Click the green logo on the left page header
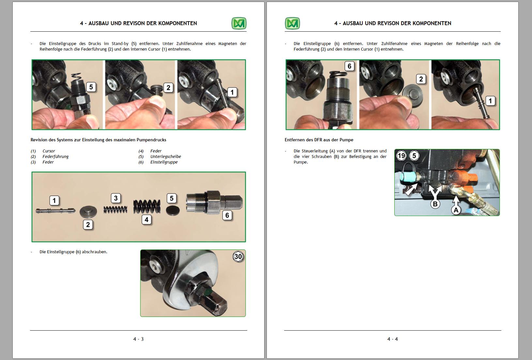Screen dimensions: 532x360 tap(239, 23)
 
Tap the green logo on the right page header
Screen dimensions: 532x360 tap(292, 23)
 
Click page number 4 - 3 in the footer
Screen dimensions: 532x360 tap(138, 339)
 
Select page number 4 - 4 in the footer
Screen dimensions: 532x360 tap(393, 339)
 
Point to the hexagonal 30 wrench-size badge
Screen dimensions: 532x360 tap(238, 257)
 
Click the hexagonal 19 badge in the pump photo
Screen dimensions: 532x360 tap(402, 156)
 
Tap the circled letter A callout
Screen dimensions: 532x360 tap(456, 210)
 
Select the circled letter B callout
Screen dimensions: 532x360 tap(435, 204)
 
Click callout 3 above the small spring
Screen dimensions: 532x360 tap(116, 198)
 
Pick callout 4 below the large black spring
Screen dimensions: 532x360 tap(146, 220)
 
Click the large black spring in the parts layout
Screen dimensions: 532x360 tap(147, 206)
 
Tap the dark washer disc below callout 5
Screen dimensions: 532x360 tap(173, 211)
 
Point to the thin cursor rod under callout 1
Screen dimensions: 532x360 tap(55, 211)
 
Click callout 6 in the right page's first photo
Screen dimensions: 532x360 tap(349, 66)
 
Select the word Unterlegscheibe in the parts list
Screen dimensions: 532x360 tap(166, 157)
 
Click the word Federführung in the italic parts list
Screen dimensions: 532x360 tap(55, 157)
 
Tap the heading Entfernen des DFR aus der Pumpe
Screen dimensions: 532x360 tap(319, 140)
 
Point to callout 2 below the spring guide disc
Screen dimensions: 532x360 tap(88, 225)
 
